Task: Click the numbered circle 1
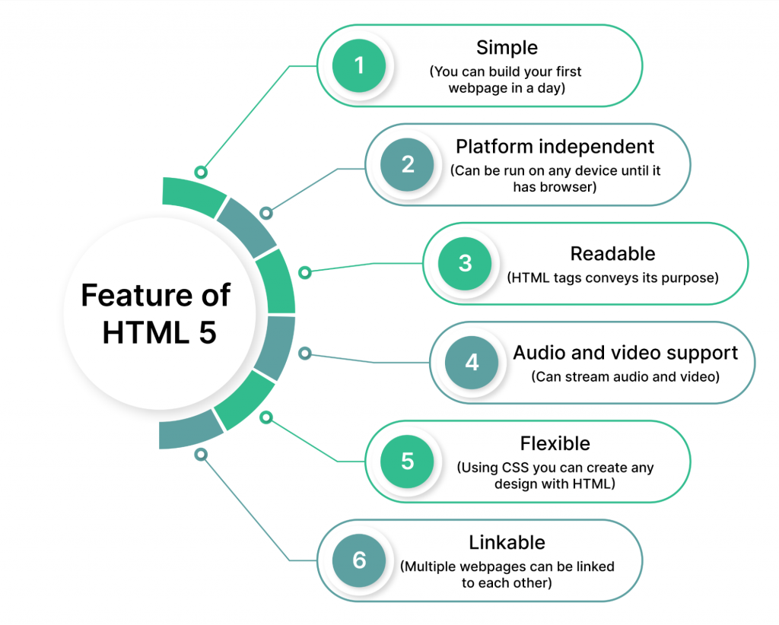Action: [359, 65]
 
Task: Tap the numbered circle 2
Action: [407, 164]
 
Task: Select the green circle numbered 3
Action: [465, 263]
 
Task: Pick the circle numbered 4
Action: [472, 362]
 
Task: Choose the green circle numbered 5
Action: [407, 462]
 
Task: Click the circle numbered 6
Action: [359, 560]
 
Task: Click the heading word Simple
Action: [507, 48]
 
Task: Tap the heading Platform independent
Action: [555, 147]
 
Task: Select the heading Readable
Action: [612, 254]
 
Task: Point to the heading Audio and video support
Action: [625, 353]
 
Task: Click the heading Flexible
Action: [555, 443]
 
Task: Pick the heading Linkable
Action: [507, 543]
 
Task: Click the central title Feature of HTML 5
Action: [156, 314]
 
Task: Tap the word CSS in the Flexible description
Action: [515, 468]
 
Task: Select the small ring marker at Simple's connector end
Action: [201, 173]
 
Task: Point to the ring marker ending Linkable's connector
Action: [201, 454]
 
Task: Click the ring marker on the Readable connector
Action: [305, 272]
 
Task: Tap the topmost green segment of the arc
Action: [193, 195]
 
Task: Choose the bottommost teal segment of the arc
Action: [189, 430]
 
